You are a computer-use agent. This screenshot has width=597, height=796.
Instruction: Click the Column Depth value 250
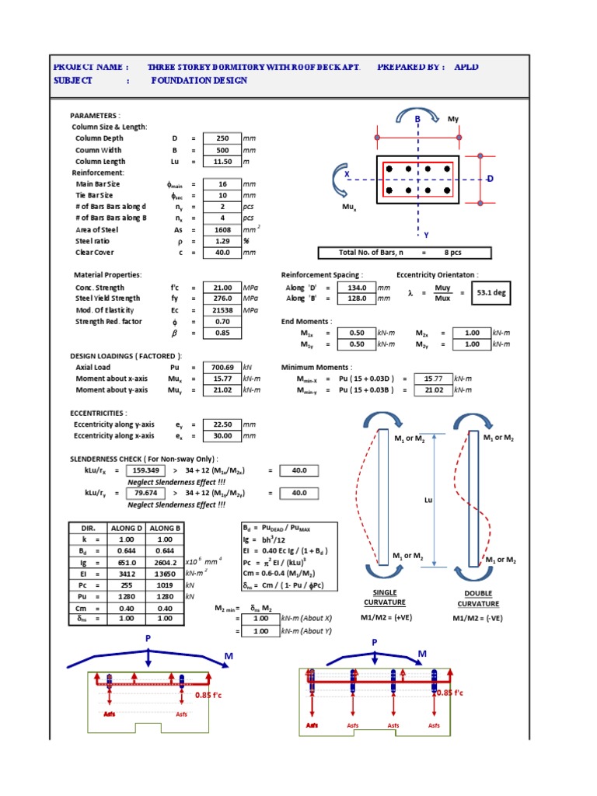222,138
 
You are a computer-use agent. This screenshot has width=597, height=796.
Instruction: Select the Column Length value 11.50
222,161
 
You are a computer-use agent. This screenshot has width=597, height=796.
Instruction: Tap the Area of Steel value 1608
222,230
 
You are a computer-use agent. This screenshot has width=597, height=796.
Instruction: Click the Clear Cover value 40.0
222,253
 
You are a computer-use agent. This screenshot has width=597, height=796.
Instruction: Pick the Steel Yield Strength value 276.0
222,298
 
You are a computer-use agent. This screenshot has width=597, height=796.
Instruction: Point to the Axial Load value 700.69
222,367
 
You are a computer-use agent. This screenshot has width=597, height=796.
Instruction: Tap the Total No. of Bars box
404,253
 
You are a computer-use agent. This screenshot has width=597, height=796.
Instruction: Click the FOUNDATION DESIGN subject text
199,80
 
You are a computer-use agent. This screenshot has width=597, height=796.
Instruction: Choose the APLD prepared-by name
466,67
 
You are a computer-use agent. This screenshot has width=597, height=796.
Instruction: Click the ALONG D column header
127,528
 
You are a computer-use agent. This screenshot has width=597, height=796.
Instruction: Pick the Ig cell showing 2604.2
165,562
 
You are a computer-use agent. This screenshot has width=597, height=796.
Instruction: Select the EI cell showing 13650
165,573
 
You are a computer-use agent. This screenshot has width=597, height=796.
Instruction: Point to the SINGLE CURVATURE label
379,597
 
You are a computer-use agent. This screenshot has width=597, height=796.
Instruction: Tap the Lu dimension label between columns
428,500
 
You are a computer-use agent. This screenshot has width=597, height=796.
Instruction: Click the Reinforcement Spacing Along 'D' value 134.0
355,288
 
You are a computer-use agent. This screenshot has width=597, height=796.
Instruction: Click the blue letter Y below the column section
426,235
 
